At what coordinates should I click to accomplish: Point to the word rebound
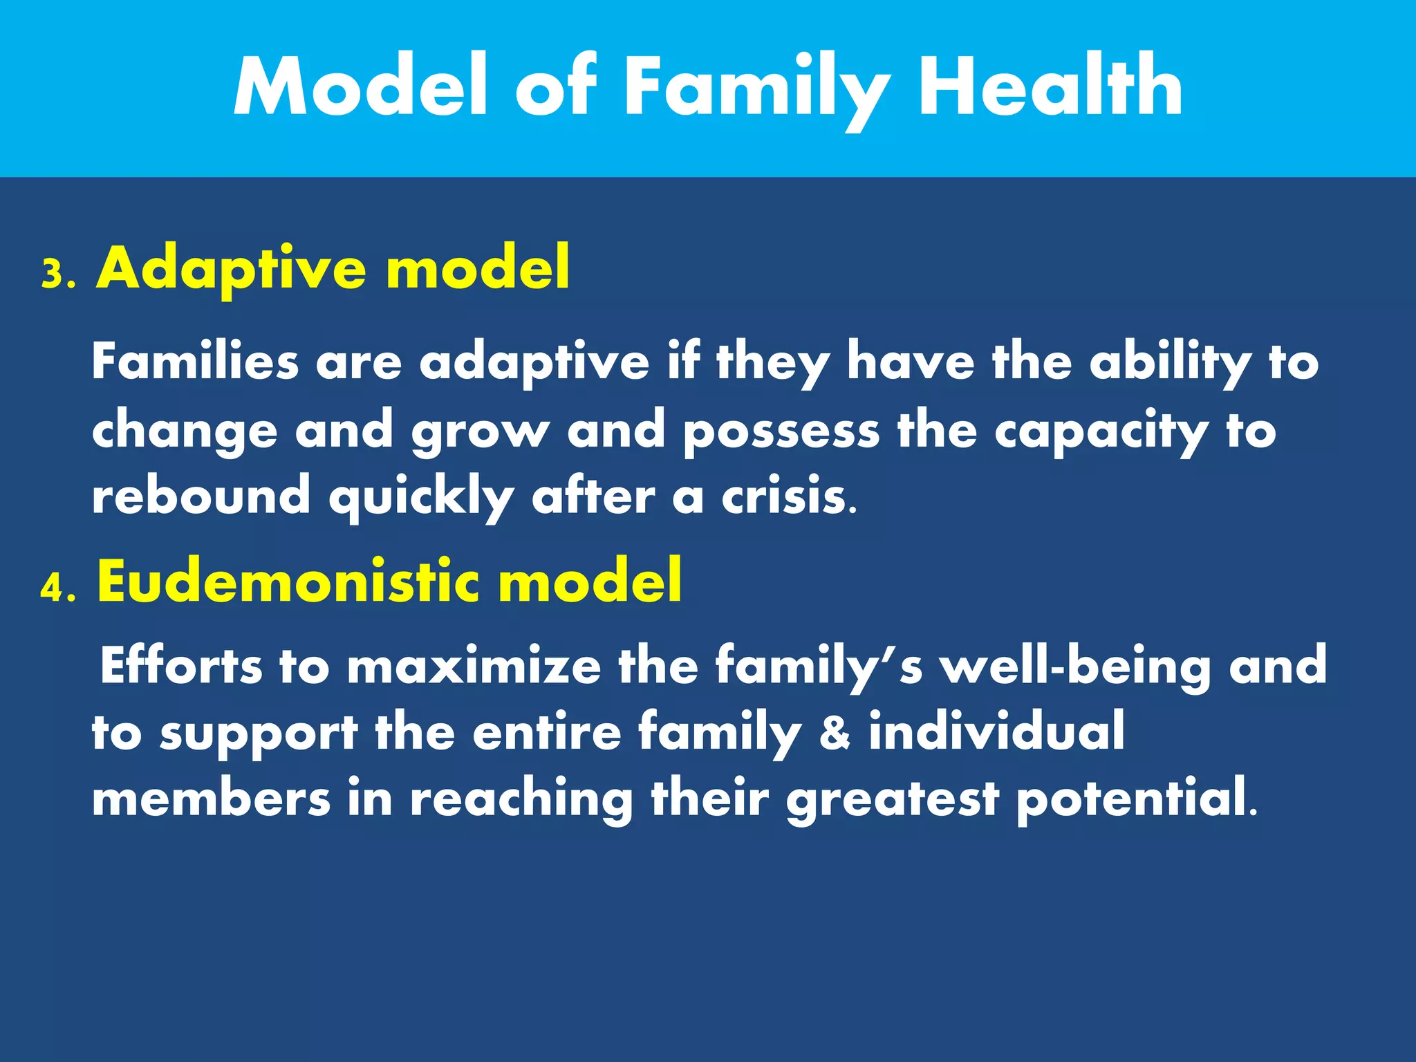click(x=201, y=496)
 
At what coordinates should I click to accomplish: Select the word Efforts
click(x=181, y=665)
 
